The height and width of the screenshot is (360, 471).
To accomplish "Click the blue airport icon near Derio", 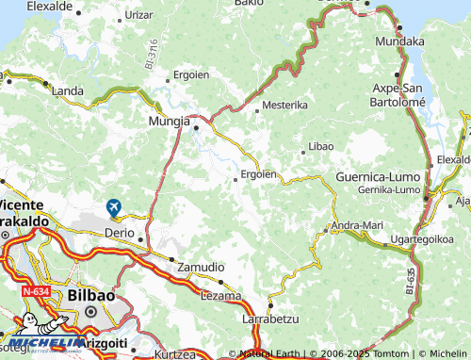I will pos(114,206).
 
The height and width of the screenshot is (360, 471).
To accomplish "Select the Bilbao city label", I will pos(91,295).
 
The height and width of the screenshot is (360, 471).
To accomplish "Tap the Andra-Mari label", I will pos(357,225).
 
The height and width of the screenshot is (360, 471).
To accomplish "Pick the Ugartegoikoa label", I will pos(422,239).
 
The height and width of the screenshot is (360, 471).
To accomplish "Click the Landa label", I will pos(67,90).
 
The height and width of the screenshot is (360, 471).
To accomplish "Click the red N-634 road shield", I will pos(37,292).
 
